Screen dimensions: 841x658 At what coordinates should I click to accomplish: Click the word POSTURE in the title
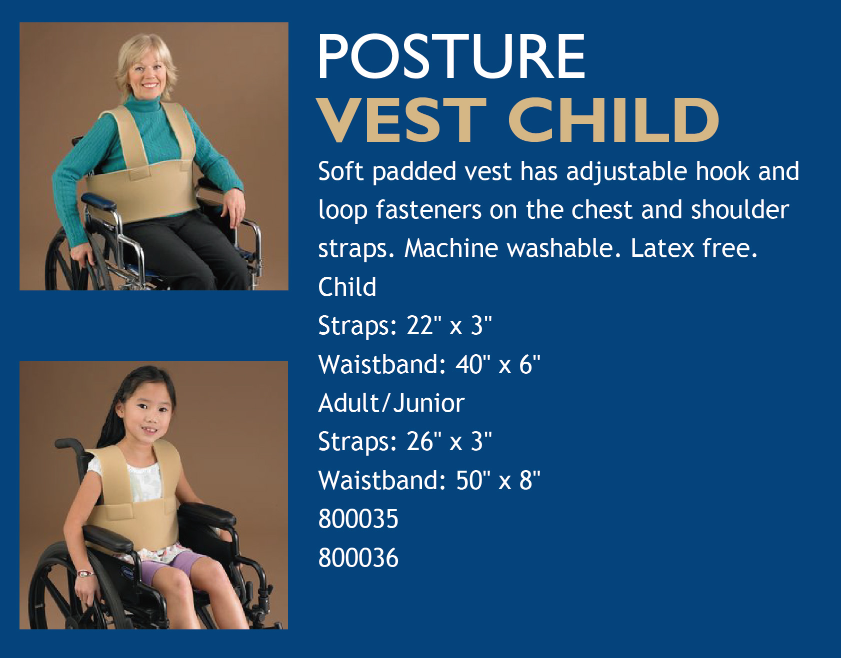click(x=451, y=56)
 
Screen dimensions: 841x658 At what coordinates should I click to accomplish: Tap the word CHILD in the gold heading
click(x=613, y=120)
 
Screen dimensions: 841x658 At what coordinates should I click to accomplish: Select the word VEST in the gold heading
click(x=402, y=120)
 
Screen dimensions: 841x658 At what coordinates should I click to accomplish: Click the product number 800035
click(x=358, y=519)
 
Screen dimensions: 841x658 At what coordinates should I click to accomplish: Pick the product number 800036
click(x=358, y=558)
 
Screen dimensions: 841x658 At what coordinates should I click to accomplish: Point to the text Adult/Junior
click(x=391, y=403)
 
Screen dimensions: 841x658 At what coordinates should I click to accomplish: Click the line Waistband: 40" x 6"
click(x=429, y=364)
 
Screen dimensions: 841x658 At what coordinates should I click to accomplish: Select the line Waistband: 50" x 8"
click(x=429, y=480)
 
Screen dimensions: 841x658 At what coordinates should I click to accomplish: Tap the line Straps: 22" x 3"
click(x=405, y=326)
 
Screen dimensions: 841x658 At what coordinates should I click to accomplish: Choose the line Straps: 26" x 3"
click(x=405, y=442)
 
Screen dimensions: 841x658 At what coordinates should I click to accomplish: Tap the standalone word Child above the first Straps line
click(x=347, y=287)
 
